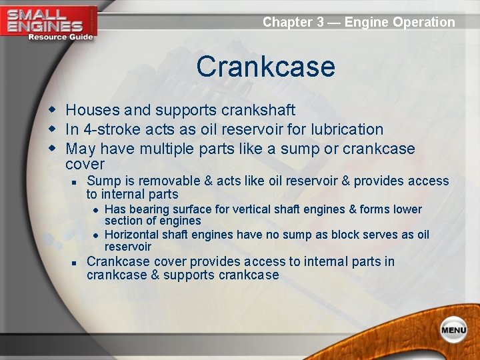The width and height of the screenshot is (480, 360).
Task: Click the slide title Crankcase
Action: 265,67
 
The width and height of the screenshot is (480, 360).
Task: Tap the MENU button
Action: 453,329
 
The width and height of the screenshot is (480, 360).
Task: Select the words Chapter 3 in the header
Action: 293,22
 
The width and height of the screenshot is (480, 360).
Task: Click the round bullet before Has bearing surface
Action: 96,210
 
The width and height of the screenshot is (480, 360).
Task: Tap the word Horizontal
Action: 133,235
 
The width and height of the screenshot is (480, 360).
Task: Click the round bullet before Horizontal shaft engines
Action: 96,235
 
